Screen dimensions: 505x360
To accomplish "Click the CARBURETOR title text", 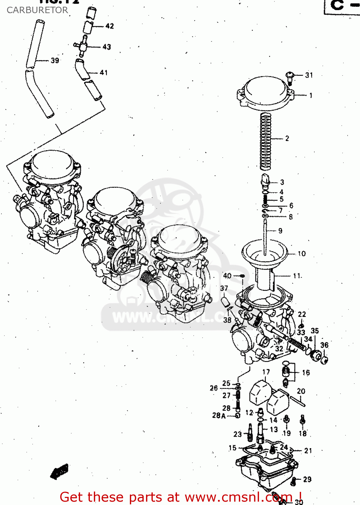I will pyautogui.click(x=37, y=10).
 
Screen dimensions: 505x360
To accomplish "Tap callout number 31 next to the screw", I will pyautogui.click(x=309, y=75).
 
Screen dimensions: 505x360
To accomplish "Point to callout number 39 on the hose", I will pyautogui.click(x=55, y=61).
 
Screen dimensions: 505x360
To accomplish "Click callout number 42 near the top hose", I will pyautogui.click(x=109, y=26).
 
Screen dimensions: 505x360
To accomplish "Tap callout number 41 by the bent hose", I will pyautogui.click(x=104, y=72).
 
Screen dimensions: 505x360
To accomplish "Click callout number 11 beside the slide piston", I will pyautogui.click(x=297, y=276).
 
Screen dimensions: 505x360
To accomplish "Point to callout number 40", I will pyautogui.click(x=227, y=276).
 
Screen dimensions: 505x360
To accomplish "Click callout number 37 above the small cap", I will pyautogui.click(x=224, y=288).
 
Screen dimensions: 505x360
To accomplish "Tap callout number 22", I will pyautogui.click(x=302, y=314).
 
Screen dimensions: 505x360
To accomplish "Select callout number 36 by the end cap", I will pyautogui.click(x=324, y=345).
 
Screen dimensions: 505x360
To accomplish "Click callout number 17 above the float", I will pyautogui.click(x=266, y=372).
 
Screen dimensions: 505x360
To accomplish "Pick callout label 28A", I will pyautogui.click(x=219, y=415).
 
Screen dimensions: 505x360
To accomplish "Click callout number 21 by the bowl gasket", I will pyautogui.click(x=308, y=450).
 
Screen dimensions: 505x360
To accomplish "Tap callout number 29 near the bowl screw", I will pyautogui.click(x=307, y=479).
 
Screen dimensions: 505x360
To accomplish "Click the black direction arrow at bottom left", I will pyautogui.click(x=60, y=471).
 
